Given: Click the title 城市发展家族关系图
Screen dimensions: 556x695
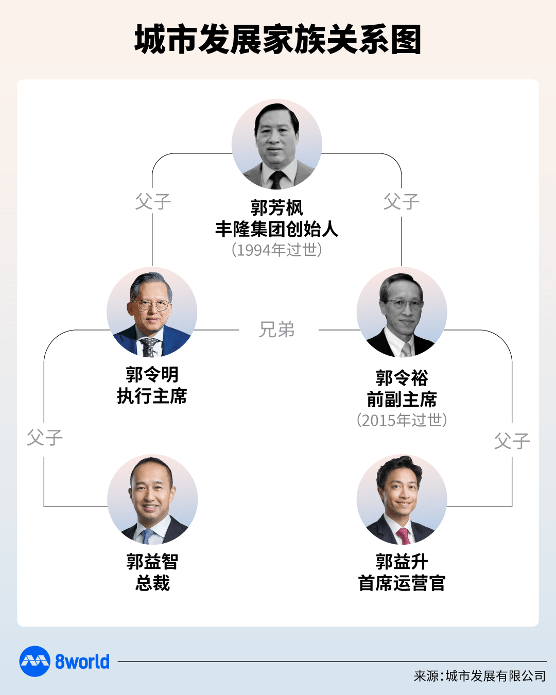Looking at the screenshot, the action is click(x=277, y=39).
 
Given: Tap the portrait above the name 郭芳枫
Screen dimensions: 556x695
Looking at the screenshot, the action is click(x=277, y=144).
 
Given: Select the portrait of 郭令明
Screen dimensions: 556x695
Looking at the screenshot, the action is click(x=152, y=312).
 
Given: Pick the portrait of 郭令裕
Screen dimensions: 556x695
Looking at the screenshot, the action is click(x=402, y=312).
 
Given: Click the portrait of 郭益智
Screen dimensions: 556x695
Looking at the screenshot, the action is click(x=152, y=499).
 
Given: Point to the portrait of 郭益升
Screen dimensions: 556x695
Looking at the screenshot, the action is click(x=402, y=499).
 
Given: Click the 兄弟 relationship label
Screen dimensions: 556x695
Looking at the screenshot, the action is click(x=277, y=329).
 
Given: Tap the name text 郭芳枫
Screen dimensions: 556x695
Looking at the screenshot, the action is click(x=277, y=207).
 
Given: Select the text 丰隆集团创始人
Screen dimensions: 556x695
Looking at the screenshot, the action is click(x=277, y=229).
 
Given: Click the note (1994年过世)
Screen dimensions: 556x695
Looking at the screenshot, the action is click(x=277, y=250).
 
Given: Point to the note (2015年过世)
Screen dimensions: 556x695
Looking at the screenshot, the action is click(x=402, y=420).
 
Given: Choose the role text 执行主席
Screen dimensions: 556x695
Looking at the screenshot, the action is click(x=152, y=396).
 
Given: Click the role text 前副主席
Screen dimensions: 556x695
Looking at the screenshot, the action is click(x=402, y=399).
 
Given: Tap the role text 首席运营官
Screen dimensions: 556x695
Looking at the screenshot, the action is click(x=402, y=583).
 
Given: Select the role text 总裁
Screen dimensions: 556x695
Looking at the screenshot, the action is click(x=152, y=583).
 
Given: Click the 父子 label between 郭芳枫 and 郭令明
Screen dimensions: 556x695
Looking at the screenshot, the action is click(x=153, y=201).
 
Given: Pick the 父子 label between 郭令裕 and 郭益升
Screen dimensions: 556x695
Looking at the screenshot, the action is click(x=512, y=441).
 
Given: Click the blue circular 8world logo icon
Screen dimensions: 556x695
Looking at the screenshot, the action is click(x=35, y=661).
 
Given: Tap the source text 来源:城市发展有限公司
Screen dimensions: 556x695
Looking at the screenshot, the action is click(x=480, y=676).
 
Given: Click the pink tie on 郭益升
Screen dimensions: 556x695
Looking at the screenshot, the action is click(x=404, y=536).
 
